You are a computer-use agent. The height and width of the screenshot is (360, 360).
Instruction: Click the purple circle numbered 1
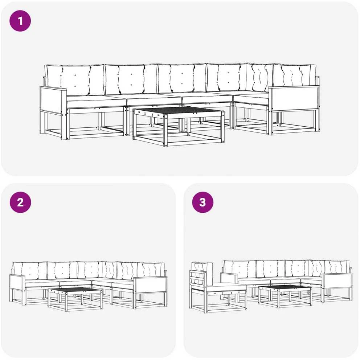coord(20,21)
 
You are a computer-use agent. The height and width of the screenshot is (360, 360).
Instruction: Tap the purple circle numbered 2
coord(20,202)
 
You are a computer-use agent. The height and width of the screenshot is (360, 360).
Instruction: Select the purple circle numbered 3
coord(203,202)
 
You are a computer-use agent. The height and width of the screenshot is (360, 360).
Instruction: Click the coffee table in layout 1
coord(179,126)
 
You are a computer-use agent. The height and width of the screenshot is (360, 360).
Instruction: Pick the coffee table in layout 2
coord(75,299)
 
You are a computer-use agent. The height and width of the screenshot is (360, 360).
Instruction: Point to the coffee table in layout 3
coord(285,296)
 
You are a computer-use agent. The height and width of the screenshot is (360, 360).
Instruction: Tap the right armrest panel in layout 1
coord(294,99)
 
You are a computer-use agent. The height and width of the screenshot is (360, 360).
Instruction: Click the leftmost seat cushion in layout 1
coord(97,102)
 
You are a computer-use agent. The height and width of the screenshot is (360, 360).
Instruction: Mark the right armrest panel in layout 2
coord(150,285)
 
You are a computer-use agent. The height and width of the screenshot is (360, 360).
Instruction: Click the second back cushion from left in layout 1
coord(131,79)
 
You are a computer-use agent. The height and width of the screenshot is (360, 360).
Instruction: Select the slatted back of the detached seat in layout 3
coord(198,278)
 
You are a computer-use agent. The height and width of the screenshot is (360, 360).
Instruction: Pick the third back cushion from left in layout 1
coord(182,78)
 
